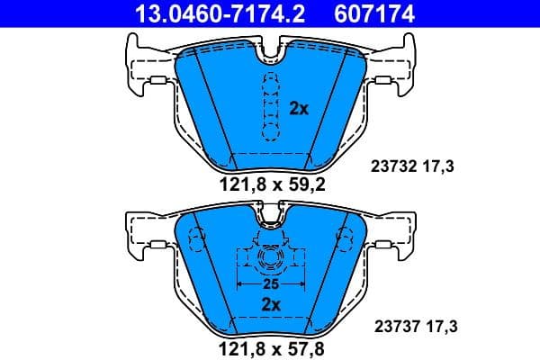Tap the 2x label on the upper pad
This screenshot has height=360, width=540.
[300, 108]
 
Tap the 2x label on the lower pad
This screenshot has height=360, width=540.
[271, 304]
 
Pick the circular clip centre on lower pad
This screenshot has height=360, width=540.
[270, 261]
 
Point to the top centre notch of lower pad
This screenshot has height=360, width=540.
[269, 216]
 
